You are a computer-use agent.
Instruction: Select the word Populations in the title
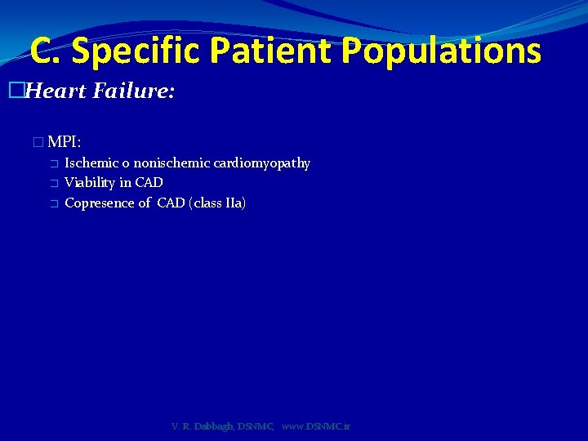[x=441, y=51]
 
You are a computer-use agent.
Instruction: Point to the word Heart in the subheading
[x=56, y=91]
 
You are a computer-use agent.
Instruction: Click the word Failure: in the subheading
[x=133, y=91]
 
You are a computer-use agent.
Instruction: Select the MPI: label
[x=64, y=142]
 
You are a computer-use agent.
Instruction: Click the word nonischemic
[x=171, y=163]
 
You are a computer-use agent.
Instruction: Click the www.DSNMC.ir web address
[x=316, y=426]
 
